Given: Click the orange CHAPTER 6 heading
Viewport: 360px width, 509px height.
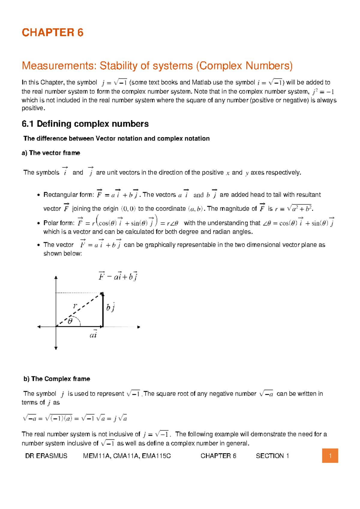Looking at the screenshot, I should point(52,32).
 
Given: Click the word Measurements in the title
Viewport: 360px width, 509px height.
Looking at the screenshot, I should point(59,66).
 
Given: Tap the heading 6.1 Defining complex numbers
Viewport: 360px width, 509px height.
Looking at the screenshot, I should point(85,124).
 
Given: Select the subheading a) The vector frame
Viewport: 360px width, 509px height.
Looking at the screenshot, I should point(51,153).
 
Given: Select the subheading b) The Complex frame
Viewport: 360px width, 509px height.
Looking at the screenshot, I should point(57,379).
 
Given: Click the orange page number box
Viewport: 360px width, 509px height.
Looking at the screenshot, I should point(330,456).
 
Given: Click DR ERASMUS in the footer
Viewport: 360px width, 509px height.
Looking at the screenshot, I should point(46,456).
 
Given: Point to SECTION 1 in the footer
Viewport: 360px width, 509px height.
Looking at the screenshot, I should point(272,456).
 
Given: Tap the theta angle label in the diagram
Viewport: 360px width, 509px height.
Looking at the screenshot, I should point(70,321).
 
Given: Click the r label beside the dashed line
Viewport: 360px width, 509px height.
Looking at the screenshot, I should point(75,306).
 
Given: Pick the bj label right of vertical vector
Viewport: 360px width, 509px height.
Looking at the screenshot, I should point(110,308).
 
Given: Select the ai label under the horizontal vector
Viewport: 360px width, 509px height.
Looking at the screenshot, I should point(93,334).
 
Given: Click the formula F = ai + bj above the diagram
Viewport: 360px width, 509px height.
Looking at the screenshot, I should point(118,276).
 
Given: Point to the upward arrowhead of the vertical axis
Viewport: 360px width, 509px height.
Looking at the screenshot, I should point(56,278).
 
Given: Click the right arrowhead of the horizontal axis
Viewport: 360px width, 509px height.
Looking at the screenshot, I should point(139,327).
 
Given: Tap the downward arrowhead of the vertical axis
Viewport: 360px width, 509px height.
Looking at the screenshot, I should point(56,348).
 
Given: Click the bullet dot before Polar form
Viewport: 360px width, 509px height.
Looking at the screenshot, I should point(38,223).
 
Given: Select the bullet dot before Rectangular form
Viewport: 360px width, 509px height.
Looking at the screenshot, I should point(38,195).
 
